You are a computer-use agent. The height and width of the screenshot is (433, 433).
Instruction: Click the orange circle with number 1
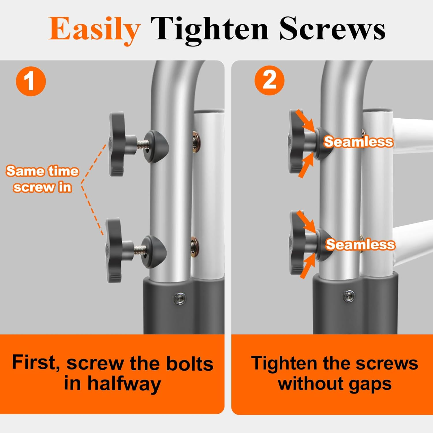click(31, 81)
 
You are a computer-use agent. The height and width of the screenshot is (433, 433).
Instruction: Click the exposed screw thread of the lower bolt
click(140, 250)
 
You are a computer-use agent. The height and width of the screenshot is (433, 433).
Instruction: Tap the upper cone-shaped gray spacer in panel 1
click(157, 147)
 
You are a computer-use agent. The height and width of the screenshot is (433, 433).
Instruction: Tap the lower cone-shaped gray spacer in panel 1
click(156, 252)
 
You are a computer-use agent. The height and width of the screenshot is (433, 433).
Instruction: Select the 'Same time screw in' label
click(42, 179)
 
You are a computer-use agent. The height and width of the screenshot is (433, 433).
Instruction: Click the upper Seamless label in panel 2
click(358, 142)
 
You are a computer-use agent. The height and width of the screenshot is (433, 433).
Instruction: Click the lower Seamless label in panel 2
click(360, 245)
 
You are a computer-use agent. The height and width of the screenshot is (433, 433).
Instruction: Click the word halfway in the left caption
click(124, 384)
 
